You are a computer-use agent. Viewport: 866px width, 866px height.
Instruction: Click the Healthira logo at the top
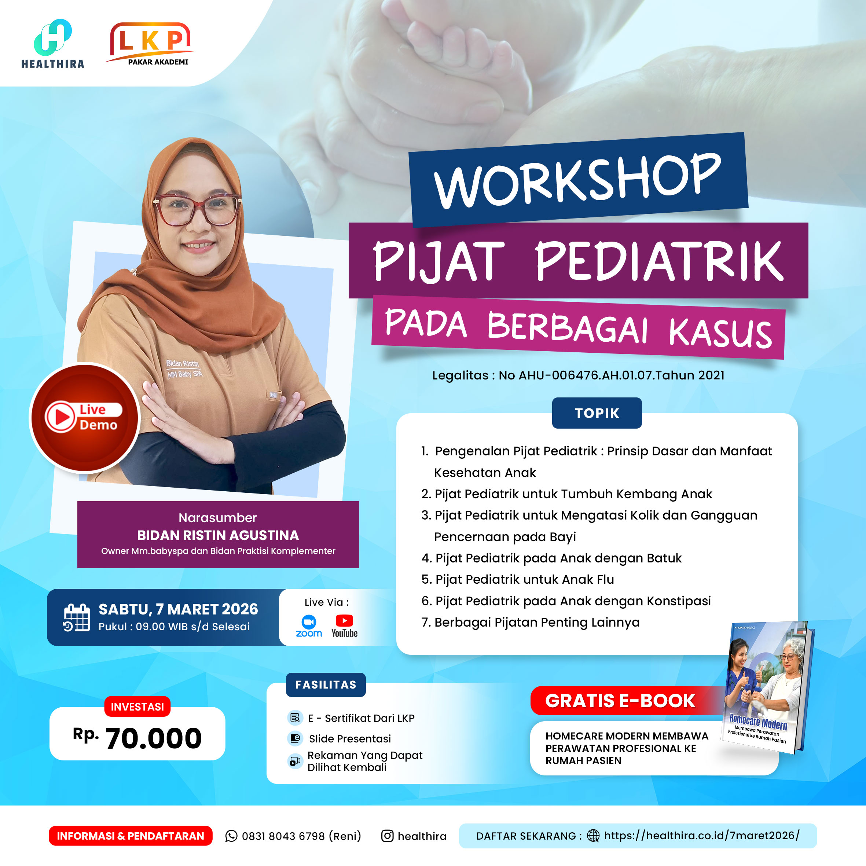[x=53, y=44]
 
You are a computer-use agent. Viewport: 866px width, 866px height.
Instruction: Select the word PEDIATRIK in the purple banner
[x=659, y=261]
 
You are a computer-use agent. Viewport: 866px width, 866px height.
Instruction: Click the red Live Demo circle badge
[x=85, y=418]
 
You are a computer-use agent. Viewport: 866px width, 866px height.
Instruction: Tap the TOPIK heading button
[x=597, y=413]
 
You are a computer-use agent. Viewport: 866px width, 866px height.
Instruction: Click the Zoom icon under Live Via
[x=309, y=626]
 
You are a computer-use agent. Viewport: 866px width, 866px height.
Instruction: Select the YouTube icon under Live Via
[x=344, y=626]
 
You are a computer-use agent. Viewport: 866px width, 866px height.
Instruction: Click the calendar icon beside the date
[x=76, y=618]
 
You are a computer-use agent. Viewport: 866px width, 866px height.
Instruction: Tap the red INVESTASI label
[x=137, y=707]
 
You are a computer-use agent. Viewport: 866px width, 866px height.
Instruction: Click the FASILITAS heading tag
[x=326, y=685]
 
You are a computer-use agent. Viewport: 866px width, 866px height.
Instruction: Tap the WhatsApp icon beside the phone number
[x=231, y=836]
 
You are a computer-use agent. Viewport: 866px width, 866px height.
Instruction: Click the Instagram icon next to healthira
[x=387, y=836]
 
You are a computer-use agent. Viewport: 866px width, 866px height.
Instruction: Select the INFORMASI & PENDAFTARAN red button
[x=131, y=836]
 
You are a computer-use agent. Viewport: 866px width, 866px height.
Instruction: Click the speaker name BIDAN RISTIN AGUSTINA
[x=218, y=535]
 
